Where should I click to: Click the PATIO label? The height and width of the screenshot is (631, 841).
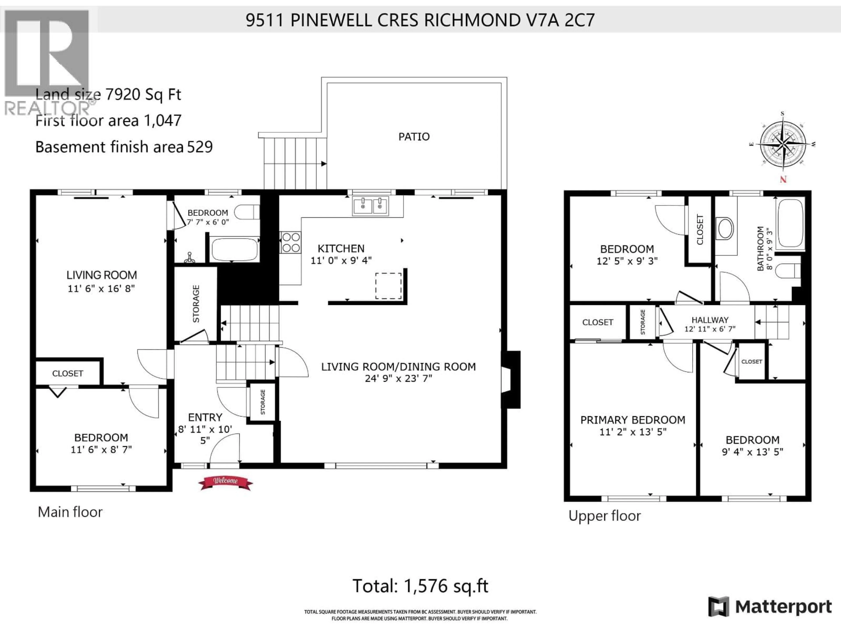[414, 136]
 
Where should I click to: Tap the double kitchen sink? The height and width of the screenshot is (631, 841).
[370, 206]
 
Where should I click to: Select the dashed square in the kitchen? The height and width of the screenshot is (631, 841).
[388, 286]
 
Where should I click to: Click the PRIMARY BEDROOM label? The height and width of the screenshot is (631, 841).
[633, 420]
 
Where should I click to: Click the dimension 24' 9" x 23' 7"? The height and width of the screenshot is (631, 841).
[398, 378]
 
